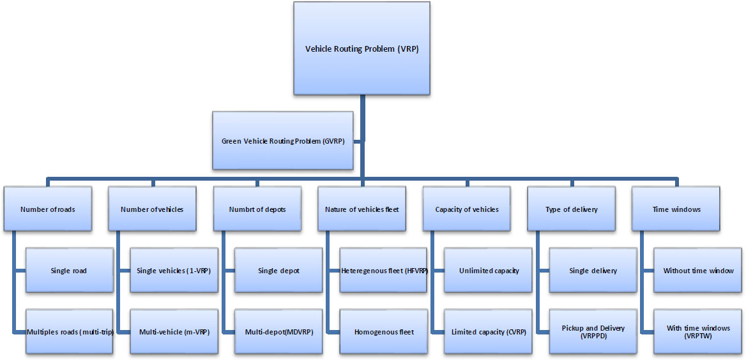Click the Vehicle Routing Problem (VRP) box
click(362, 49)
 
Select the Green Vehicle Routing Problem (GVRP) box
click(282, 141)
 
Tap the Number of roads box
click(47, 209)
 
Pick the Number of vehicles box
click(152, 209)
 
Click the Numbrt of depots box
click(257, 209)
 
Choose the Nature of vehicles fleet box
click(362, 209)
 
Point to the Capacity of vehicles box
click(466, 209)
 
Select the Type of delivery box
click(571, 209)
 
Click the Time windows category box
click(676, 209)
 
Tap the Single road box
click(69, 271)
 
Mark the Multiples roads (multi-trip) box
click(70, 332)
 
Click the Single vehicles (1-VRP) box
click(174, 271)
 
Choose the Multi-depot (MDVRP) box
click(278, 332)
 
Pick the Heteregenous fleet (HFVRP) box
click(383, 271)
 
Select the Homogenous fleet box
click(383, 332)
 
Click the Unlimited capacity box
click(488, 271)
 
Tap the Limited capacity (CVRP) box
click(488, 332)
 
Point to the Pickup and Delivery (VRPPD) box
click(593, 332)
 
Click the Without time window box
click(697, 271)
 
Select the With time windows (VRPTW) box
click(697, 332)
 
